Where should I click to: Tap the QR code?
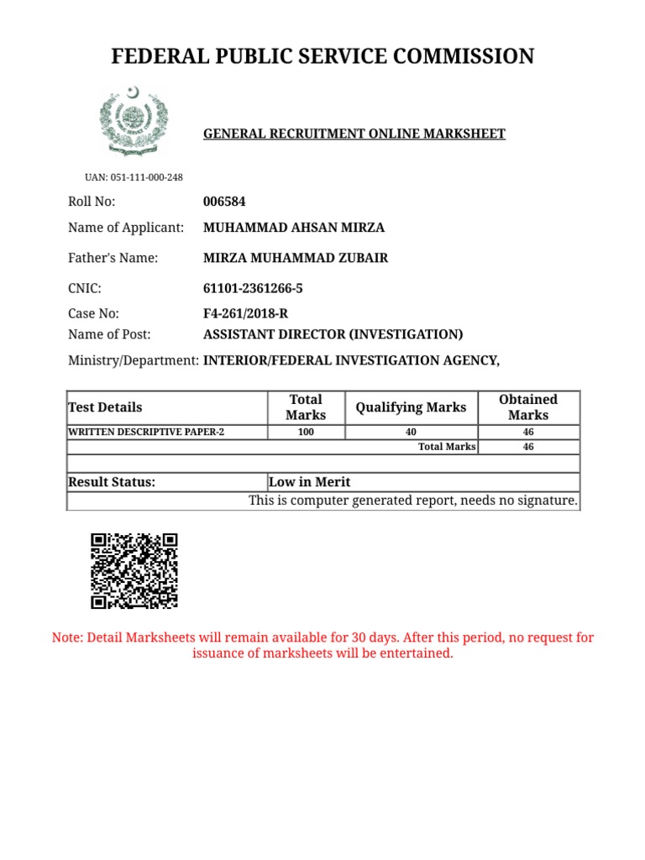(134, 571)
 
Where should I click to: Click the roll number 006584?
(225, 202)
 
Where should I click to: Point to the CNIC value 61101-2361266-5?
(253, 289)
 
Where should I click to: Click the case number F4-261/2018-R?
(245, 314)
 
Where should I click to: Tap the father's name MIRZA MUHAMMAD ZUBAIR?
(296, 258)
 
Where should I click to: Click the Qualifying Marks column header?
(411, 407)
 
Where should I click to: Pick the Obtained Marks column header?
(527, 407)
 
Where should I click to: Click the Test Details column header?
(105, 407)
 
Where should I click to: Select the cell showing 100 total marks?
(306, 433)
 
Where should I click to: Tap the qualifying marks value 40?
(411, 433)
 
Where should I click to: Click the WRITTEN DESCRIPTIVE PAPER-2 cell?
(146, 433)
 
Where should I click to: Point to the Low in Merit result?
(309, 482)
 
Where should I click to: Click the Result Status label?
(112, 482)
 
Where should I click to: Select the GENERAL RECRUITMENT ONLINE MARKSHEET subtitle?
(354, 134)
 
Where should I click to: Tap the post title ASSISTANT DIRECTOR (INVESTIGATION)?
(333, 334)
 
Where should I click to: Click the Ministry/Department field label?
(133, 360)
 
